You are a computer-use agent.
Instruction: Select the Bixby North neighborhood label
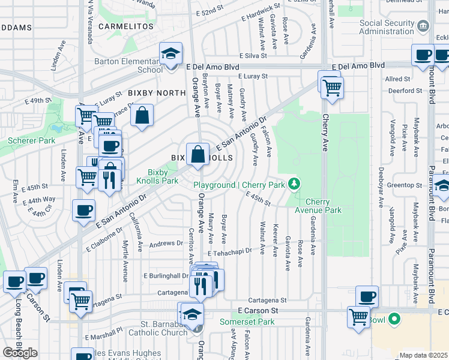pyautogui.click(x=156, y=93)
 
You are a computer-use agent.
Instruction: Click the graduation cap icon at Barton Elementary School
pyautogui.click(x=170, y=54)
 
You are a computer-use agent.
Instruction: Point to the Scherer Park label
pyautogui.click(x=32, y=142)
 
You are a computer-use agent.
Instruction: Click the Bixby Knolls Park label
pyautogui.click(x=157, y=176)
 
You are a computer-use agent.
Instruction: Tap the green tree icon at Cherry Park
pyautogui.click(x=294, y=183)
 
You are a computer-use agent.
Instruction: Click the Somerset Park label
pyautogui.click(x=247, y=322)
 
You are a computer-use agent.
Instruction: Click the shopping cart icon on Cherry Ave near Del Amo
pyautogui.click(x=331, y=88)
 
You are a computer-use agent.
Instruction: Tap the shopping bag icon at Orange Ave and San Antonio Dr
pyautogui.click(x=197, y=155)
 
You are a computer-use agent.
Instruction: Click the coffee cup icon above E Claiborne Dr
pyautogui.click(x=84, y=210)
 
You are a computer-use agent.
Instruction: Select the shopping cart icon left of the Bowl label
pyautogui.click(x=359, y=316)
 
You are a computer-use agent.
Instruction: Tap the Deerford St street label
pyautogui.click(x=405, y=91)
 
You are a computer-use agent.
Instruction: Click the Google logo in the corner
pyautogui.click(x=20, y=352)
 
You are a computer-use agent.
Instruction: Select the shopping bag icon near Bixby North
pyautogui.click(x=142, y=116)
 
